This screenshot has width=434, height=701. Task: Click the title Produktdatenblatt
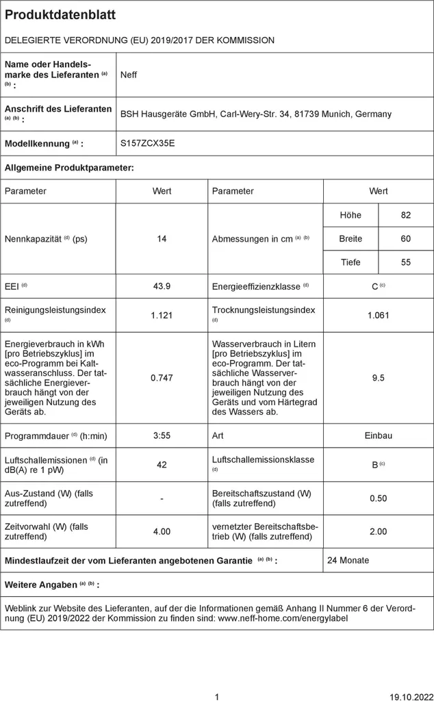60,15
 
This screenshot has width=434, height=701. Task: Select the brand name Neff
129,75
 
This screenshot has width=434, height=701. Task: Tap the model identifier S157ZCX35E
147,144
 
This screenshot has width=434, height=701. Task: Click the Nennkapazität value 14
162,239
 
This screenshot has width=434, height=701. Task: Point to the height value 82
406,215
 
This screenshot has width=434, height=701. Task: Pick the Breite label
350,239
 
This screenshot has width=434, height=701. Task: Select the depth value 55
406,262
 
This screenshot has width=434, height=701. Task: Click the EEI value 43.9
162,286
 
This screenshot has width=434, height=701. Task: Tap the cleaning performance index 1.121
162,315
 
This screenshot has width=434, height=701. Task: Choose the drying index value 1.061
379,315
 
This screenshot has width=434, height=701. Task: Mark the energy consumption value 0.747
162,377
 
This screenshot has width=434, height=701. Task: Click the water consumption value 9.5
379,377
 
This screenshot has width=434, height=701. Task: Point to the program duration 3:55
162,435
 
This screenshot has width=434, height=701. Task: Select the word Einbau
379,435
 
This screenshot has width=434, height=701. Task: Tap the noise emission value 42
162,465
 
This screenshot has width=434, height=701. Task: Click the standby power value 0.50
379,498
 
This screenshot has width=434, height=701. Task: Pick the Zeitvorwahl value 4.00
162,531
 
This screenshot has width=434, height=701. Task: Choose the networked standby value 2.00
379,531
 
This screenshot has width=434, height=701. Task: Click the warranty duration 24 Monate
348,560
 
